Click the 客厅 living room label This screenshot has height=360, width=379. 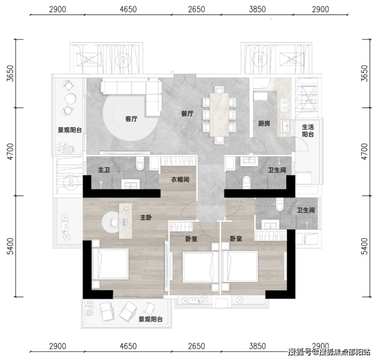pos(131,118)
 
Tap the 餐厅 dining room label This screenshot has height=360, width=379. pos(187,113)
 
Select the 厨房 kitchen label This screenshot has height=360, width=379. pos(264,124)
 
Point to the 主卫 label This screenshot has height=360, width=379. pos(104,170)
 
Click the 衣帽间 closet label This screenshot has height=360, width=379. pos(180,179)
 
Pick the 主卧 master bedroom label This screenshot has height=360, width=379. pos(146,217)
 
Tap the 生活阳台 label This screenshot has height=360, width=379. pos(308,130)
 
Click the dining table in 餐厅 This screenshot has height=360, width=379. pos(219,114)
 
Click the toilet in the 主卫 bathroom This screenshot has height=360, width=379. pos(140,163)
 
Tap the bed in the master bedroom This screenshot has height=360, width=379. pos(110,264)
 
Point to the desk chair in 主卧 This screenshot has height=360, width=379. pos(114,222)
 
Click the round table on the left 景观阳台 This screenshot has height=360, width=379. pos(70,98)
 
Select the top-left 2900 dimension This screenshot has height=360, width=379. pos(57,9)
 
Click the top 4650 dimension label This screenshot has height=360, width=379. pos(129,9)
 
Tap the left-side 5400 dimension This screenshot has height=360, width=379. pos(10,246)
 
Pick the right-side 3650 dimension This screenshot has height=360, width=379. pos(364,73)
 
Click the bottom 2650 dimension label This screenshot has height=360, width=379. pos(197,346)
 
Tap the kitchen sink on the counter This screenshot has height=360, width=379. pos(285,126)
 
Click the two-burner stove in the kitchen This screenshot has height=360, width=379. pos(285,105)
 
